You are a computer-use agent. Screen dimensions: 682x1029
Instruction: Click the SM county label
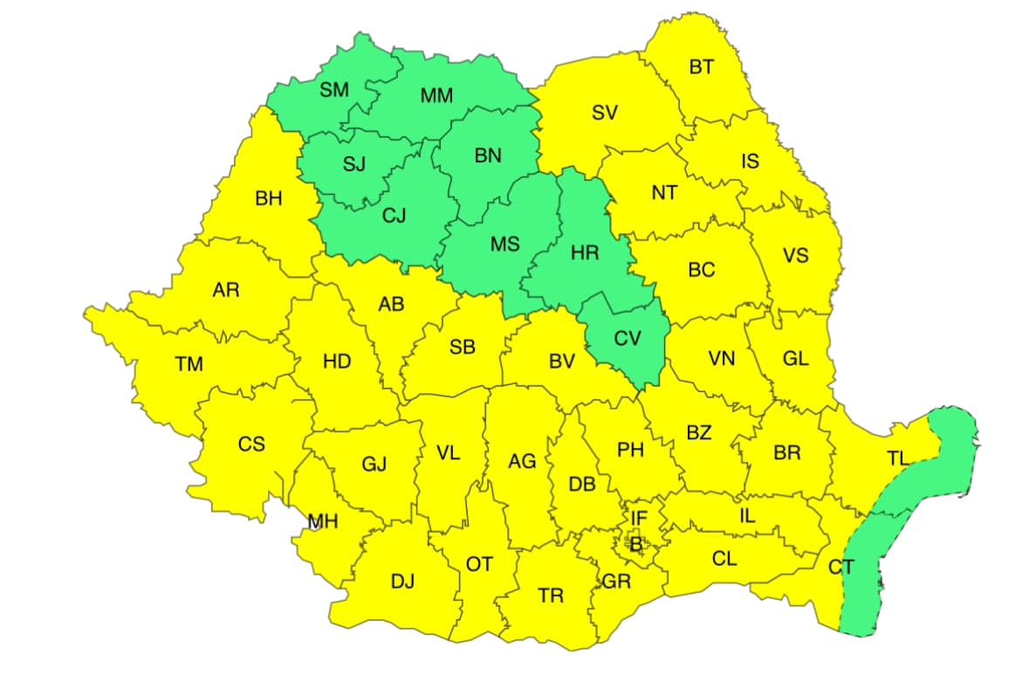(334, 90)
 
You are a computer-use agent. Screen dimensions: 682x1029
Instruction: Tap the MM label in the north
(436, 96)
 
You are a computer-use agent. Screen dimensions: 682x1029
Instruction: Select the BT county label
(701, 67)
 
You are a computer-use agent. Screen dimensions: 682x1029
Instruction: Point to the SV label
(605, 113)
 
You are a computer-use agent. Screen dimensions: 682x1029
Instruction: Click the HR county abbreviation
(584, 253)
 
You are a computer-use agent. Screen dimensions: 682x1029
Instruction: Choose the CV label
(627, 339)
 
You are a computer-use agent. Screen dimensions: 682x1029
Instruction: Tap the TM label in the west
(189, 365)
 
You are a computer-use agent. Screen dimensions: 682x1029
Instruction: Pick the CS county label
(251, 444)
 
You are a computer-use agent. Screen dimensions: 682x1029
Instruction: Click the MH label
(323, 522)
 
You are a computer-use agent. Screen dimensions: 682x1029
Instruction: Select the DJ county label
(402, 581)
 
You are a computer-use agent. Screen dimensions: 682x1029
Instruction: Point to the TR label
(550, 596)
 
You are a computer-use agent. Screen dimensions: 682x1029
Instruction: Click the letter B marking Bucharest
(636, 546)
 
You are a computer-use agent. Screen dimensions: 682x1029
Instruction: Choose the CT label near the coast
(840, 568)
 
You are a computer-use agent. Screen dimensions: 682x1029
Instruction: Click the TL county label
(897, 458)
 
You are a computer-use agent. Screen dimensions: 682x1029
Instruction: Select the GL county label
(795, 358)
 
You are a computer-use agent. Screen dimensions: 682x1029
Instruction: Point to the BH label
(269, 199)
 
